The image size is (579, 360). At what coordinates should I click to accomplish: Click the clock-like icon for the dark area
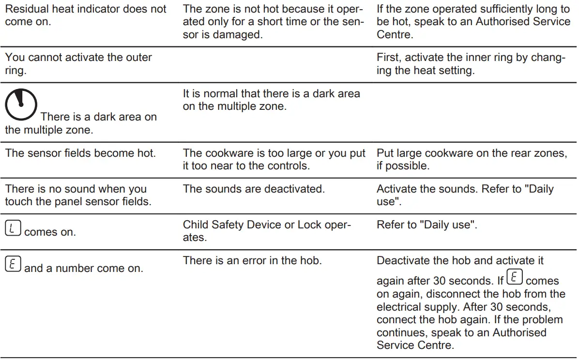tap(21, 105)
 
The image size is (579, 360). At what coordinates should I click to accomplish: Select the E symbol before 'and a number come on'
tap(13, 264)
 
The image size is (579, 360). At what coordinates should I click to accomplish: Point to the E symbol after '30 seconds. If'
tap(515, 278)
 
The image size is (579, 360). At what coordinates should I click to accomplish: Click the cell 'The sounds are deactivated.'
tap(253, 189)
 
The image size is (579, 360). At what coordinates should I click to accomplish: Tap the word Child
tap(196, 225)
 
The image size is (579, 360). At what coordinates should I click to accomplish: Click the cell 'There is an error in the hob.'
tap(252, 260)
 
